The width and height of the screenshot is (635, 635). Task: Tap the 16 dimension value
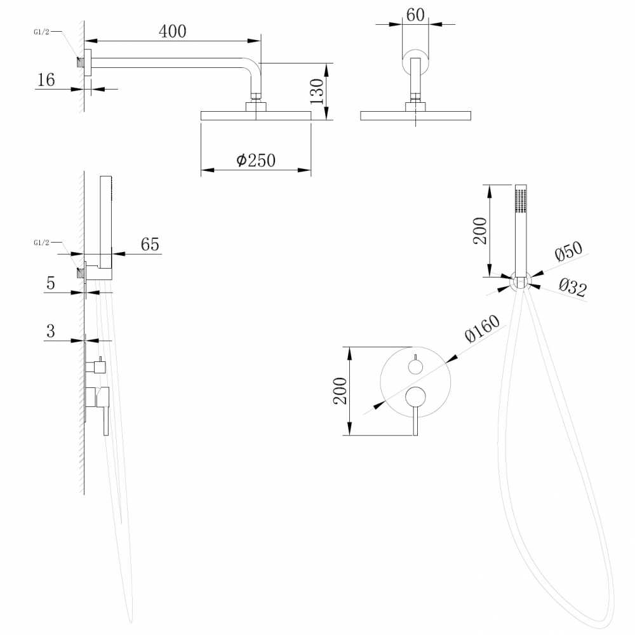click(x=46, y=79)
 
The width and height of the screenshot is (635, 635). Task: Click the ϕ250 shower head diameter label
click(x=256, y=160)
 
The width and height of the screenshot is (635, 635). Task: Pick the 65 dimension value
click(x=150, y=244)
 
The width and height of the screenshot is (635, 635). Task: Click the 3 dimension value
click(x=51, y=330)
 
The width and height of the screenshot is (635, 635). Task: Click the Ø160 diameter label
click(x=482, y=329)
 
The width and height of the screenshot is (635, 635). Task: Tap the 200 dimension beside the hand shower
click(x=481, y=231)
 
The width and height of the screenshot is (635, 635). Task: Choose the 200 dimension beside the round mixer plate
click(x=340, y=391)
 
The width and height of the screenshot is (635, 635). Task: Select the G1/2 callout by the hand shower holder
click(x=41, y=242)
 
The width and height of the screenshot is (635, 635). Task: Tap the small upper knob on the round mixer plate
click(x=415, y=366)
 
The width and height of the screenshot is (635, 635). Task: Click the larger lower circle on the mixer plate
click(x=415, y=397)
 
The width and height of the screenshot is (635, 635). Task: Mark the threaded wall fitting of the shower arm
click(x=80, y=62)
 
